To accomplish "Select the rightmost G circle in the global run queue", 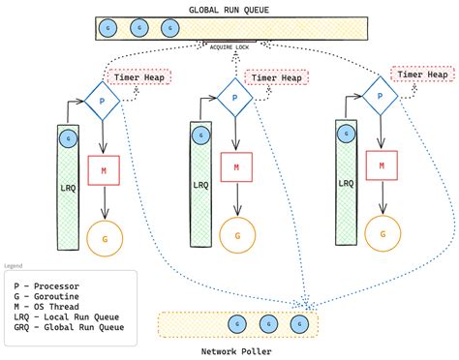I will click(x=171, y=28).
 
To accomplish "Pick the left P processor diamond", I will click(x=101, y=97).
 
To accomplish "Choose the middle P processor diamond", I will click(x=233, y=97).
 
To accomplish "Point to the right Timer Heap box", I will click(x=422, y=74).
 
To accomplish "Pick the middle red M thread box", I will click(x=233, y=166).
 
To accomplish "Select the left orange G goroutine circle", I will click(x=103, y=236).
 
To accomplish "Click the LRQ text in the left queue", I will click(x=67, y=183).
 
